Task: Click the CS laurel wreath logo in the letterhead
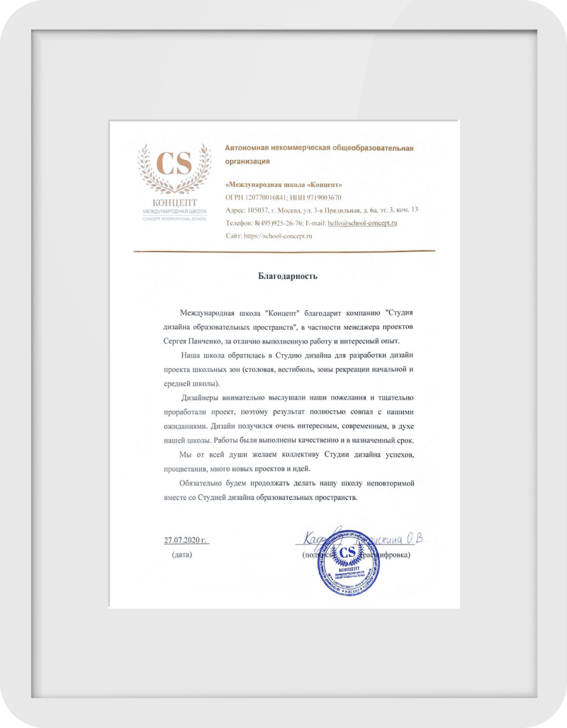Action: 174,170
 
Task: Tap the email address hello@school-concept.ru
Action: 361,222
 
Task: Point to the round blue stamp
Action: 347,567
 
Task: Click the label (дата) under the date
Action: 181,554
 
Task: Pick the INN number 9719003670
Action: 319,197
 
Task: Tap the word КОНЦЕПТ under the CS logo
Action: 174,203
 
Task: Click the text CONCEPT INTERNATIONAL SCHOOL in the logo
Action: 174,218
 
